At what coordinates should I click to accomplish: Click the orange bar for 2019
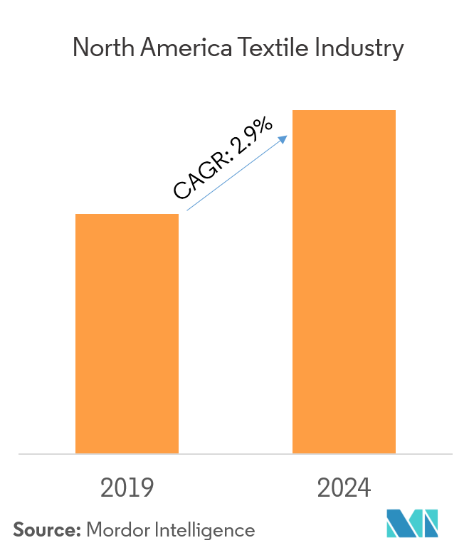tap(127, 334)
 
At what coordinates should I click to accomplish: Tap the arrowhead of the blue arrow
tap(283, 139)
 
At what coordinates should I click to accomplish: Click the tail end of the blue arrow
tap(187, 210)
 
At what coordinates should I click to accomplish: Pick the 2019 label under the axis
tap(127, 488)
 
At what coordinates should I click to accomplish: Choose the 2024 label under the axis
tap(344, 488)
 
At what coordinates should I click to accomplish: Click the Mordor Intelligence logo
tap(413, 524)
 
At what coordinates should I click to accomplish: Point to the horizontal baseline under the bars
tap(235, 453)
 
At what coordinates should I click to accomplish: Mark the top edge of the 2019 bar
tap(127, 215)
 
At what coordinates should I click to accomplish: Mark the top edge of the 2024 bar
tap(344, 111)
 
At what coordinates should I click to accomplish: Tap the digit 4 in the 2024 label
tap(364, 488)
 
